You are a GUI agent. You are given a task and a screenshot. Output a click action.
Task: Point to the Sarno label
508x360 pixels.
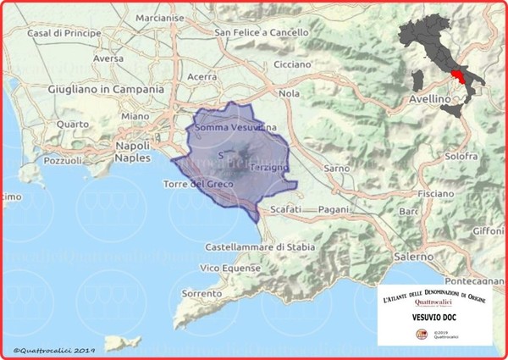click(x=336, y=169)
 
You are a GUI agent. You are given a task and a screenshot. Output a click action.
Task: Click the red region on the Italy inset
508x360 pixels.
click(x=465, y=80)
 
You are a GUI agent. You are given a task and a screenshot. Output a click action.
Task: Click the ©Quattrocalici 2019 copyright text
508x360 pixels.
click(x=53, y=349)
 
